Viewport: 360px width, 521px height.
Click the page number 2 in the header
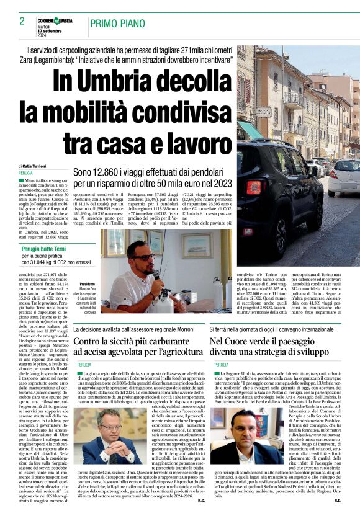point(22,21)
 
